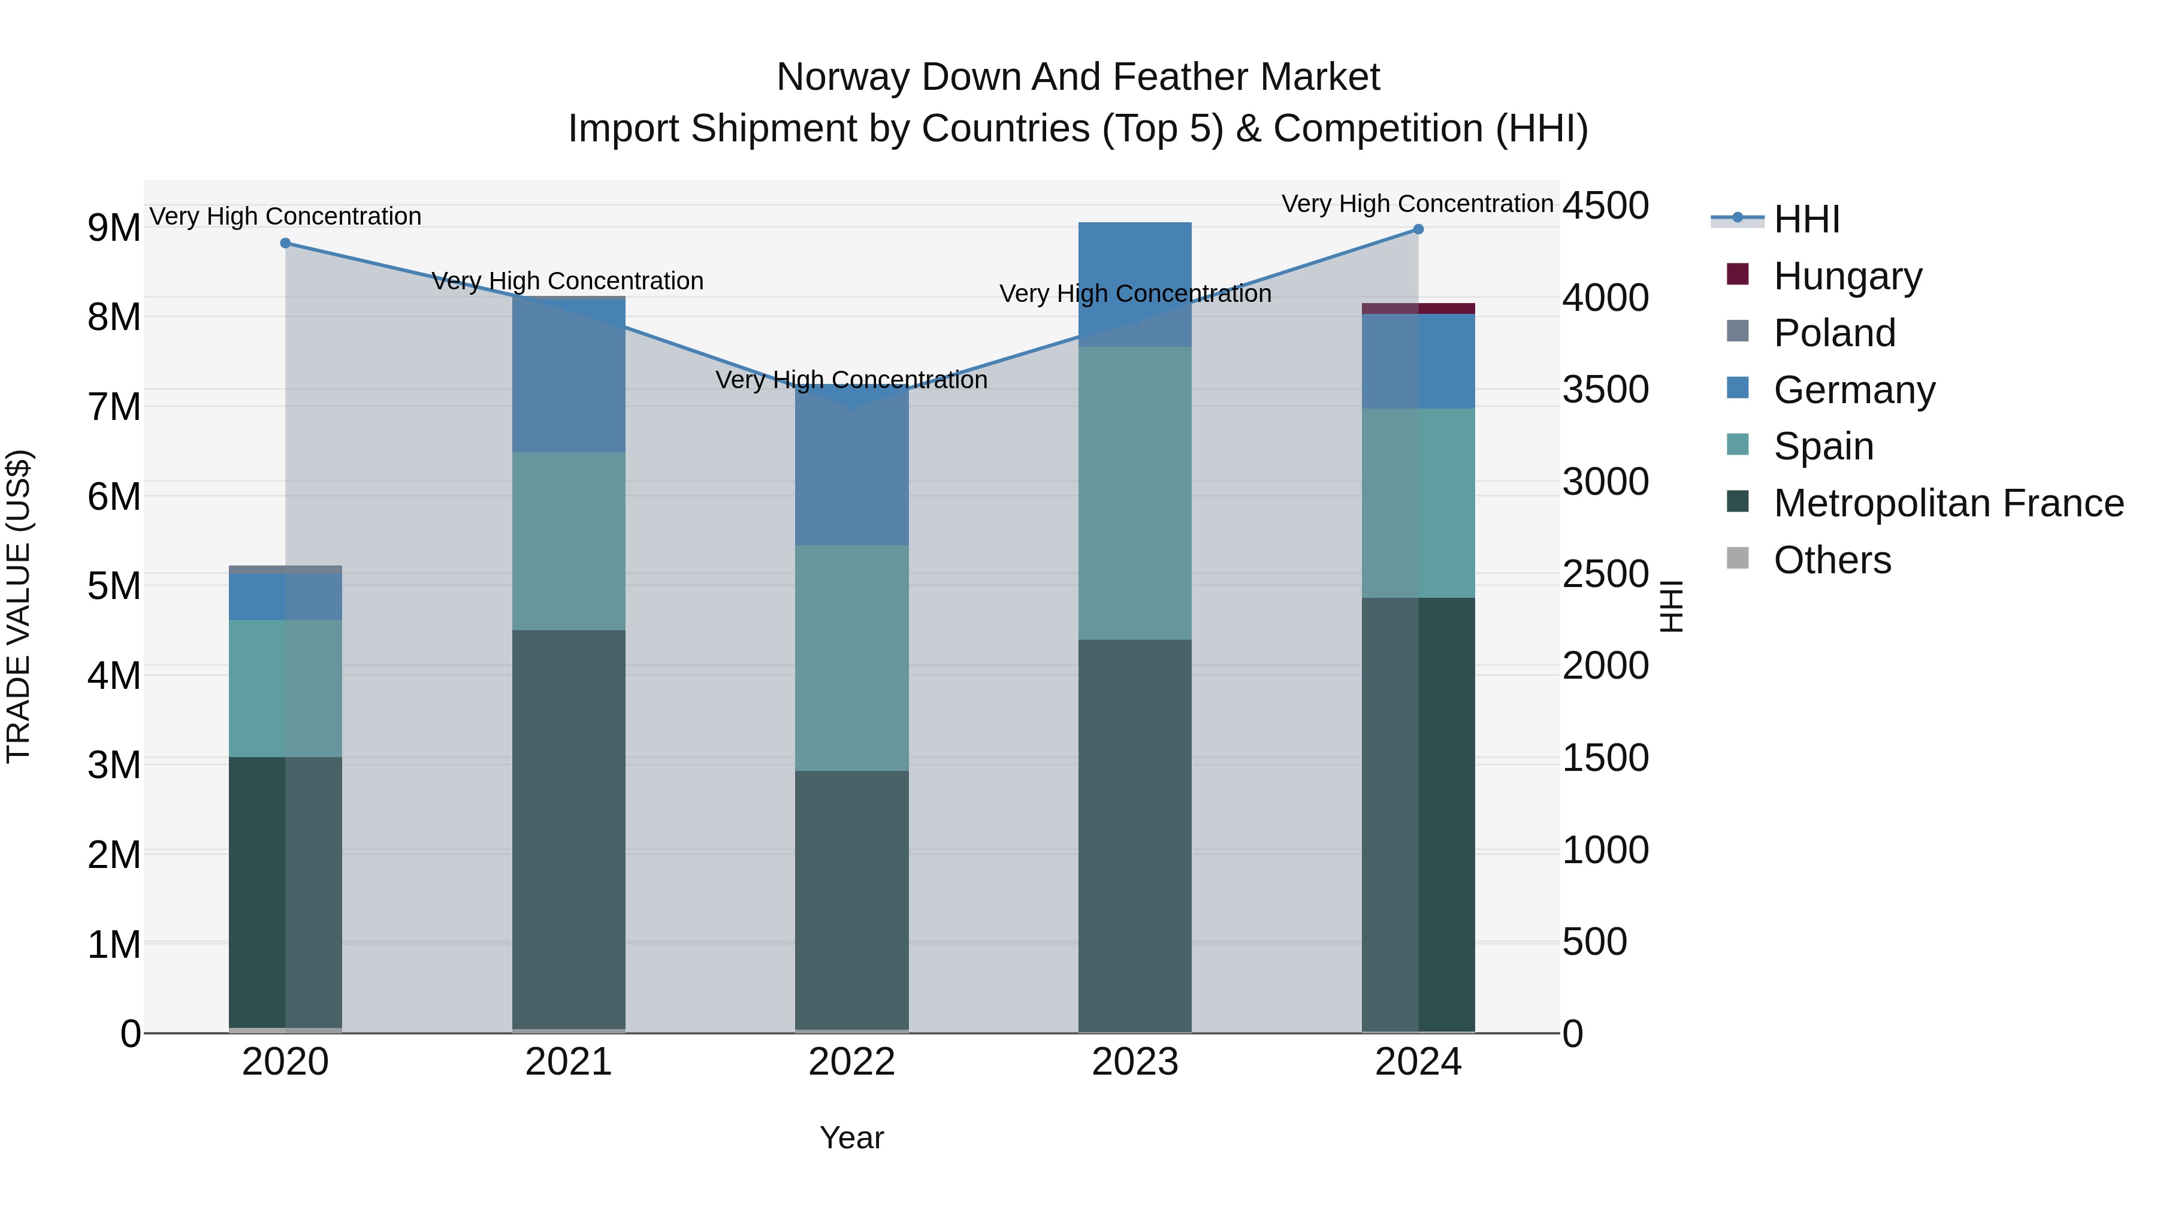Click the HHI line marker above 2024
(1418, 229)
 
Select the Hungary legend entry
(1847, 276)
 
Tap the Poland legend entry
(1834, 333)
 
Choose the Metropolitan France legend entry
(1948, 503)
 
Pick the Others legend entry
(1832, 560)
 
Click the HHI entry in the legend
(1806, 219)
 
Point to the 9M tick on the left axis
(114, 228)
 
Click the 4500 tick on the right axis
(1605, 206)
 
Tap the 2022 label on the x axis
(851, 1062)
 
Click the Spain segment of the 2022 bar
(851, 657)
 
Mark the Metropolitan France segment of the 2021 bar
(569, 829)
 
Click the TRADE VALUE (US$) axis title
(19, 606)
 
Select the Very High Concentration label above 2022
(851, 380)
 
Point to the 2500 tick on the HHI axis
(1605, 574)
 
